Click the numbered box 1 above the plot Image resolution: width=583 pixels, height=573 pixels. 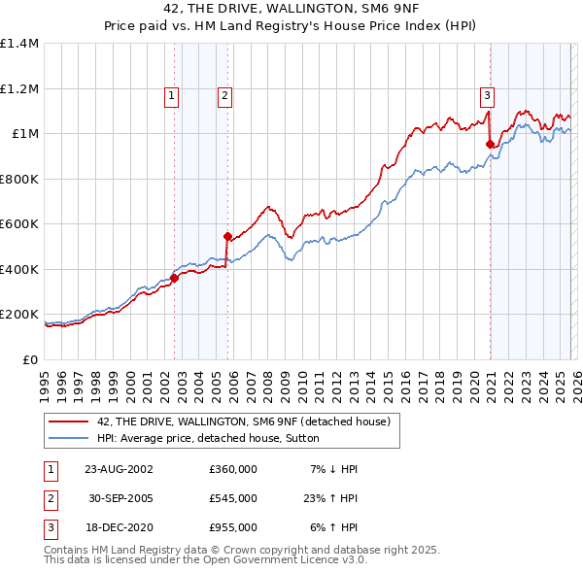(x=171, y=95)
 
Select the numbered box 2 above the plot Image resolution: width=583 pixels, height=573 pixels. (x=224, y=95)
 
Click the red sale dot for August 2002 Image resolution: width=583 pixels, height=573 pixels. (x=175, y=278)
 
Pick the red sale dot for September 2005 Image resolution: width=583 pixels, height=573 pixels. (x=227, y=236)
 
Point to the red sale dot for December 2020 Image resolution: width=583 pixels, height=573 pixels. (x=490, y=144)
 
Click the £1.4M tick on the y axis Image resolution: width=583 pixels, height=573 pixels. (x=19, y=44)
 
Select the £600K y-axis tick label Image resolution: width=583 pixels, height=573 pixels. (x=19, y=224)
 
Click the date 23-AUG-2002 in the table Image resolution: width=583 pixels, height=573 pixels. (x=119, y=469)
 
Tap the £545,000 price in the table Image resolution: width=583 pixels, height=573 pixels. (x=233, y=498)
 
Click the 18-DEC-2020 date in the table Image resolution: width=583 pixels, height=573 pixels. (x=119, y=527)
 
